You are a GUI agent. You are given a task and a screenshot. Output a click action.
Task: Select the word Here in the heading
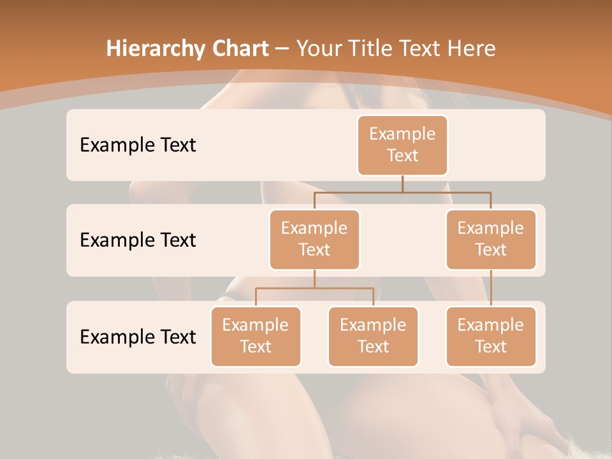tap(472, 48)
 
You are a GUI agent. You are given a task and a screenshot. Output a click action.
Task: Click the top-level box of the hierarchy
tap(402, 145)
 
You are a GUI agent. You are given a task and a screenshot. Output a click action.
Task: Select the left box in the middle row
tap(314, 239)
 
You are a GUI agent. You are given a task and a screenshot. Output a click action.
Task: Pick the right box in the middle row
tap(491, 239)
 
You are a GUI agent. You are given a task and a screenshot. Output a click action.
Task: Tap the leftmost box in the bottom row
tap(256, 336)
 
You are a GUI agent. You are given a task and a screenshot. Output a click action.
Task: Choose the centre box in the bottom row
tap(373, 336)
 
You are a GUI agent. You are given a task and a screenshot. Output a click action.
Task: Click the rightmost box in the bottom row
tap(491, 336)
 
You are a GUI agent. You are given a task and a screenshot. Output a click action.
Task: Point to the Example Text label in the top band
tap(138, 145)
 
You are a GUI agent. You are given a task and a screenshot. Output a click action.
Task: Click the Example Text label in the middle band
tap(138, 240)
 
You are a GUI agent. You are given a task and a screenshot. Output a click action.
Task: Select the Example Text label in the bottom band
tap(138, 337)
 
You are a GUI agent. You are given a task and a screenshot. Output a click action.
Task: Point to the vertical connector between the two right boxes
tap(491, 288)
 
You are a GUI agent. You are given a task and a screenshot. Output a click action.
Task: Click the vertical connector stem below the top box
tap(402, 184)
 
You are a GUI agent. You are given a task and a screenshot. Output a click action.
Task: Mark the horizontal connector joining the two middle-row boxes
tap(402, 192)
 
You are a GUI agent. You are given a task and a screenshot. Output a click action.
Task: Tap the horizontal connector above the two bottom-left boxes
tap(314, 288)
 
